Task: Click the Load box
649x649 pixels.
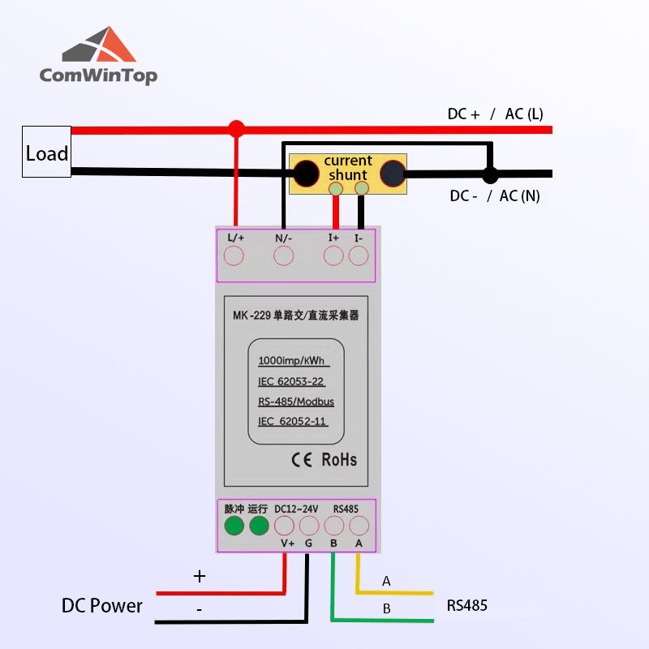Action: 46,152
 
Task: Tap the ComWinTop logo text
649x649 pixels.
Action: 98,75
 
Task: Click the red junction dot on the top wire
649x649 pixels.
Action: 236,129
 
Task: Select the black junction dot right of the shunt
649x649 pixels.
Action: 489,174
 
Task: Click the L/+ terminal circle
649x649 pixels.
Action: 234,256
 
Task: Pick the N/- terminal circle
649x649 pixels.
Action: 283,256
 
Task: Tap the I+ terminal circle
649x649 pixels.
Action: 333,256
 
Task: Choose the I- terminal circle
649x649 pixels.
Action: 359,256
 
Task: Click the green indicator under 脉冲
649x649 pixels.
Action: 234,526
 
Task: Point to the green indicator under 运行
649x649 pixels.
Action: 259,526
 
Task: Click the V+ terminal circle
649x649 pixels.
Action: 285,526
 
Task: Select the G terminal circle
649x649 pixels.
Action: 309,526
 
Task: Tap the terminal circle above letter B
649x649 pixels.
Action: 333,526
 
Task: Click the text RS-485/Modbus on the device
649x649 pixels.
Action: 295,402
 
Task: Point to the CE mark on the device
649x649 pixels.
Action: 302,459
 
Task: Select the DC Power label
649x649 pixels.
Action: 102,606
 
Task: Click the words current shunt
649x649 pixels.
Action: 348,168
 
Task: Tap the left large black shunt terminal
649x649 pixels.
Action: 306,174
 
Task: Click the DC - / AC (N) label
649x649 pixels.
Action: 494,196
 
